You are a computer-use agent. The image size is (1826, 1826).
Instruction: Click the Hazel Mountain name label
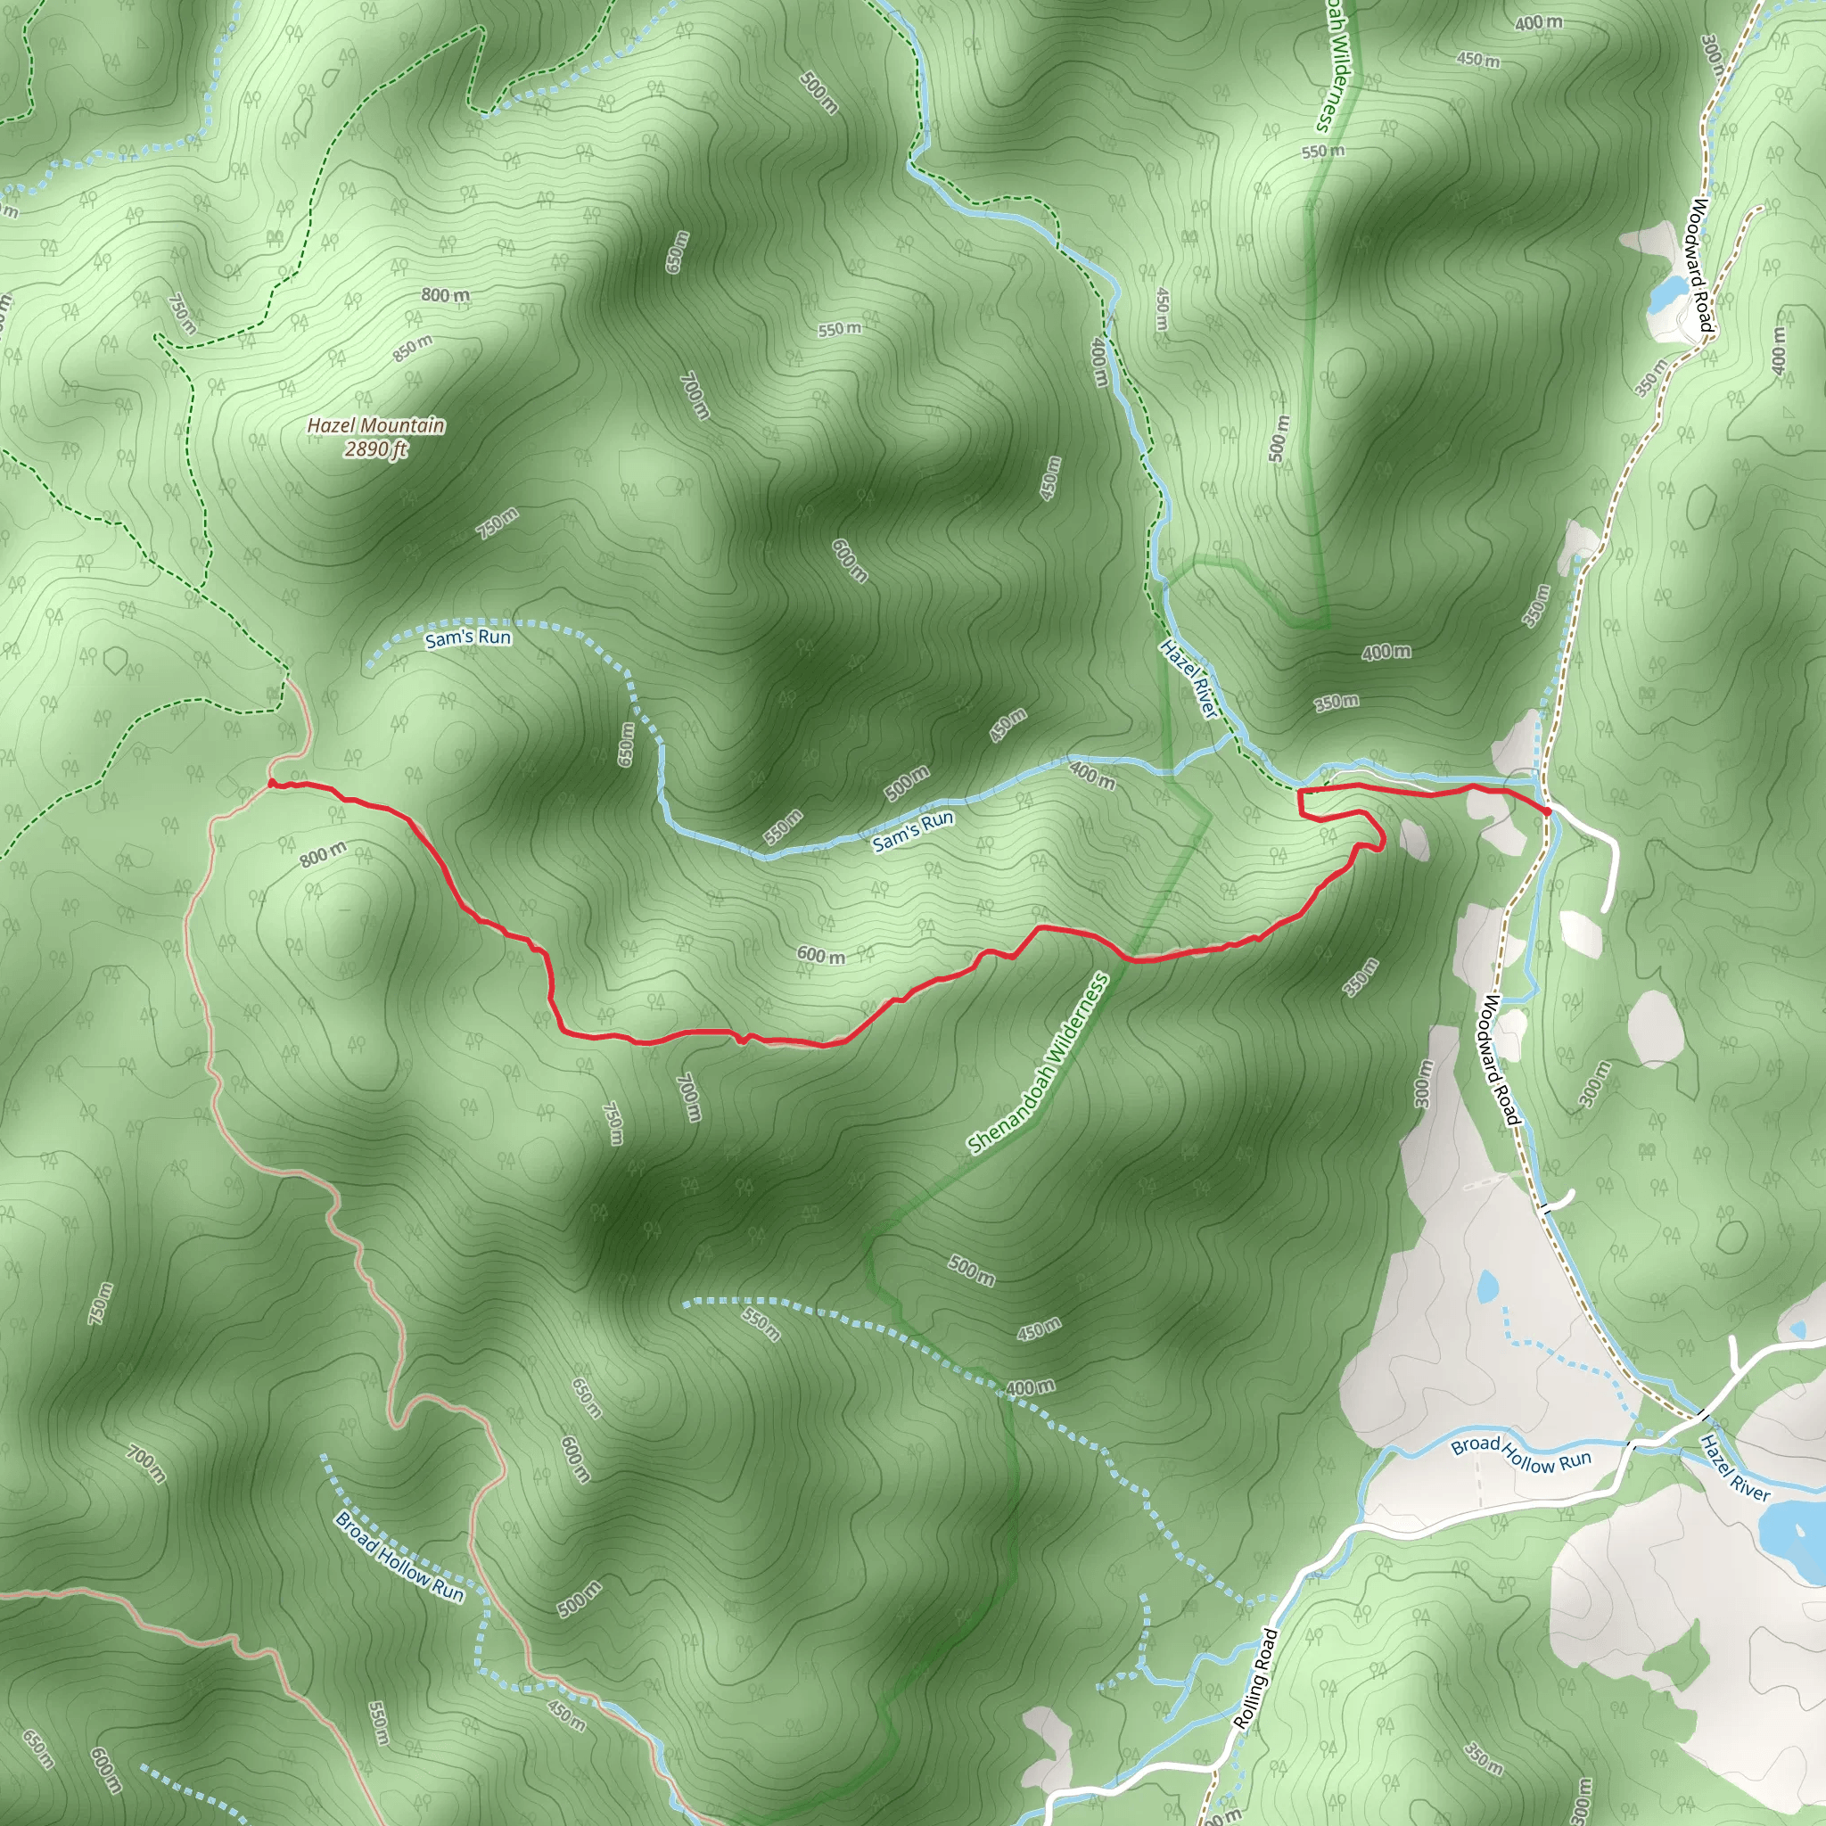[375, 425]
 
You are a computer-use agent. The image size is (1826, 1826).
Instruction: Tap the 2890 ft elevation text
[375, 449]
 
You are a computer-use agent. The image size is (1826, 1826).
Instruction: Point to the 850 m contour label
[413, 349]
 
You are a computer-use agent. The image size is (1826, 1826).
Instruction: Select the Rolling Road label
[1256, 1679]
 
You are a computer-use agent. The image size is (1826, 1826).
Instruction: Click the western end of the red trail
[271, 783]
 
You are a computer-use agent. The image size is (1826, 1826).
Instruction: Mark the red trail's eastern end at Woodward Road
[1547, 811]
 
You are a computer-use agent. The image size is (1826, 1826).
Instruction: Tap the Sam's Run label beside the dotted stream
[468, 638]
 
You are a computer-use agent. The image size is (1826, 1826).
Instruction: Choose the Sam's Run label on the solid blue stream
[912, 831]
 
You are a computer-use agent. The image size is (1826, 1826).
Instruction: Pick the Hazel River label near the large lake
[1734, 1468]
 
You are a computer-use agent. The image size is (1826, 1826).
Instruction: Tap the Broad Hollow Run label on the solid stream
[1521, 1454]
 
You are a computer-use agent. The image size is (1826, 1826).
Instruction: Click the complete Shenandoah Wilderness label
[1037, 1064]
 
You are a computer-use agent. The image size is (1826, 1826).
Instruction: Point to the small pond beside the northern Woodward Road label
[1665, 293]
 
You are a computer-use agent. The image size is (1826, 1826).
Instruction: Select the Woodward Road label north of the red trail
[1701, 266]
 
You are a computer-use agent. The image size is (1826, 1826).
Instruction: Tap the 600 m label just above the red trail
[820, 956]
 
